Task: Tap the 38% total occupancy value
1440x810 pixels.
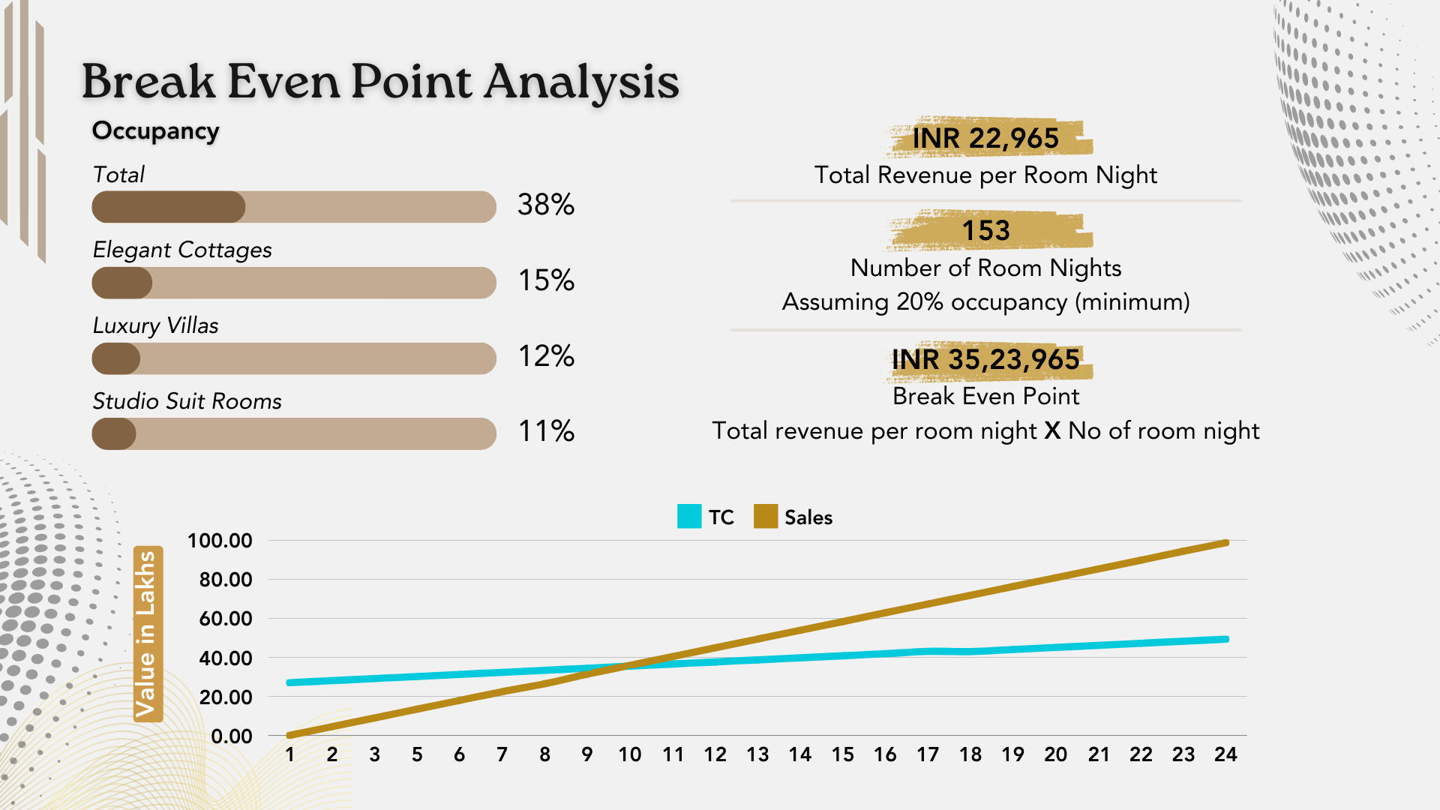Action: (x=546, y=205)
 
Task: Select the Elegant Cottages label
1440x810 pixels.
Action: (x=182, y=250)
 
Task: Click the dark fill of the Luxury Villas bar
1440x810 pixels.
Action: (x=116, y=358)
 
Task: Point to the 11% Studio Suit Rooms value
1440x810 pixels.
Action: (x=546, y=431)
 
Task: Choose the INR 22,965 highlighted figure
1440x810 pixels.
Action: (x=985, y=138)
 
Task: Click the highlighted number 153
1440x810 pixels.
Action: (x=986, y=230)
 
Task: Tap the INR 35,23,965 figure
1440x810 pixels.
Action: (x=985, y=360)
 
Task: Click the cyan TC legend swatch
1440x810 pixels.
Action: (x=689, y=517)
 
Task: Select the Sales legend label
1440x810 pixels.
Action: (x=808, y=517)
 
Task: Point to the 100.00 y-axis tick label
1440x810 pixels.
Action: (x=220, y=541)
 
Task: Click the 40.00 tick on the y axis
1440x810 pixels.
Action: (x=225, y=658)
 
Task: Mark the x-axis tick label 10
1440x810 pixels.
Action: (x=630, y=754)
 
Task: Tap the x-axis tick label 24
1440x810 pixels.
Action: (x=1225, y=754)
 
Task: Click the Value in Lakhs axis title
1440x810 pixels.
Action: (x=146, y=634)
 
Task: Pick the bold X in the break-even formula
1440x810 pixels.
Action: (x=1052, y=431)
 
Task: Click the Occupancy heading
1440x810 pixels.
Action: (x=155, y=130)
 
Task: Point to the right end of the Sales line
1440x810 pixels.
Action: (x=1225, y=543)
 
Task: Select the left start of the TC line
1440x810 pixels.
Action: (x=290, y=682)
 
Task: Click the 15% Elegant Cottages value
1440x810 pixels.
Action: (x=546, y=280)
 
